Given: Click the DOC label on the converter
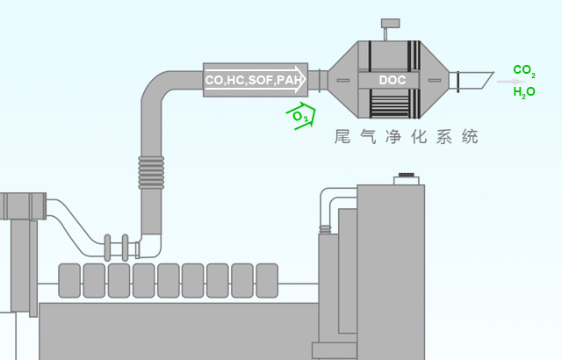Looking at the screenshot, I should coord(392,80).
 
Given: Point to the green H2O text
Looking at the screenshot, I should coord(524,92).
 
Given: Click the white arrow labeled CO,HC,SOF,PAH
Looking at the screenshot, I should coord(256,80).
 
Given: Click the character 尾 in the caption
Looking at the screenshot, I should coord(343,137).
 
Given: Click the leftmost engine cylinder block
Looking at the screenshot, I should coord(69,280).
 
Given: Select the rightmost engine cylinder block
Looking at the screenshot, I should coord(267,280).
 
